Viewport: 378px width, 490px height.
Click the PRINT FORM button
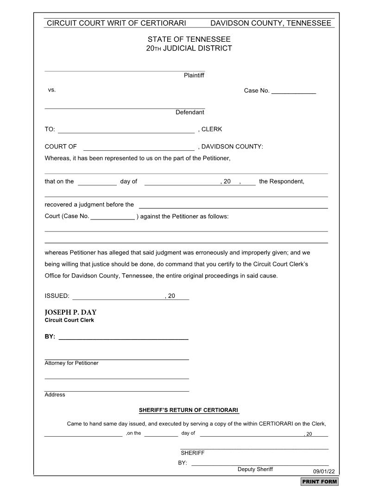pos(320,482)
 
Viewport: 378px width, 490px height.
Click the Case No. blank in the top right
pos(293,91)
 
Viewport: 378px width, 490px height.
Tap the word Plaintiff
pos(194,75)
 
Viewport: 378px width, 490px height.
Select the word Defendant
pos(189,112)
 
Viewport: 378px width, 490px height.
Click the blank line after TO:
pos(126,130)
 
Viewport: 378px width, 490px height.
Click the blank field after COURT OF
pos(139,148)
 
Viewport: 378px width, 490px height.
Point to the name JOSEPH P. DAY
pos(70,312)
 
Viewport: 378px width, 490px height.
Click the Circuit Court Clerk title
pos(69,320)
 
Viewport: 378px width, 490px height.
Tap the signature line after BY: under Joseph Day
pos(123,337)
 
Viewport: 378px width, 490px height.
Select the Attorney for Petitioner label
pos(71,363)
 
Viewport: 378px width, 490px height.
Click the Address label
pos(55,395)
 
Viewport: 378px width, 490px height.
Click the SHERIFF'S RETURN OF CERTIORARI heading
pos(189,410)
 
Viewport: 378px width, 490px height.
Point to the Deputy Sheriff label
pos(255,469)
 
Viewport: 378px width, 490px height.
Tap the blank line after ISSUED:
pos(118,297)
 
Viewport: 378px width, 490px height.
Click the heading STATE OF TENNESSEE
pos(189,39)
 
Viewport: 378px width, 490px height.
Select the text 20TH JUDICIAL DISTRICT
pos(189,48)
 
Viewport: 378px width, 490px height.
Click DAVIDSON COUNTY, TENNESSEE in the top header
pos(271,23)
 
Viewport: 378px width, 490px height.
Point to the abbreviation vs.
pos(52,90)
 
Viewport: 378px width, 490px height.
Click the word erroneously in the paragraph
pos(211,253)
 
